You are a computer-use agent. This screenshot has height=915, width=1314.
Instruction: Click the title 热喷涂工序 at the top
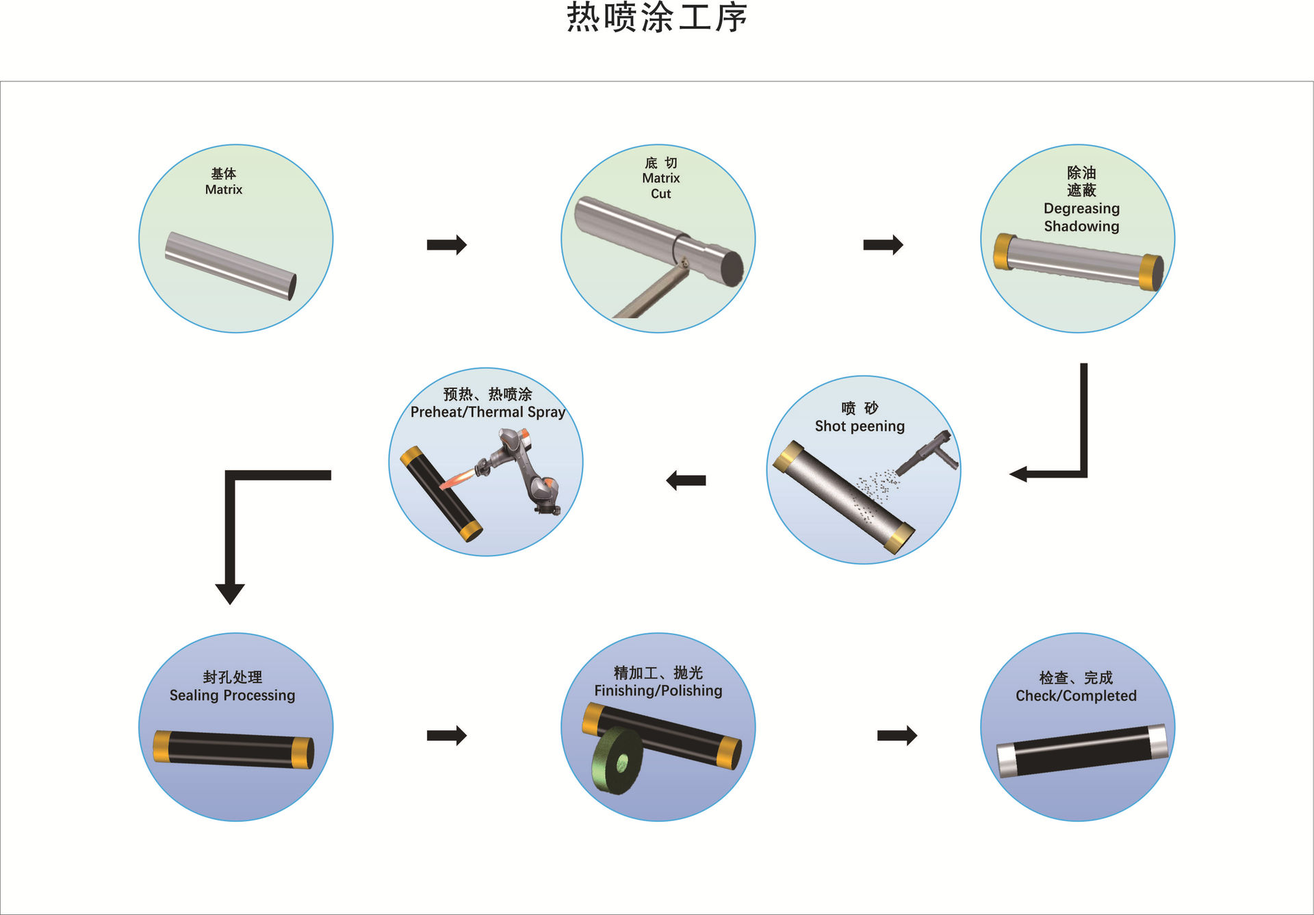point(656,18)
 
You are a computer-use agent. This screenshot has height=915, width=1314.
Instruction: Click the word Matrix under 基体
point(224,190)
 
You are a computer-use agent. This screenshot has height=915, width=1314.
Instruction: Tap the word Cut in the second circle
point(660,194)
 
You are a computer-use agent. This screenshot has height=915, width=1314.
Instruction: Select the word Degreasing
point(1081,208)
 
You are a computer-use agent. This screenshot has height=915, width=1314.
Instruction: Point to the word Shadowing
point(1081,226)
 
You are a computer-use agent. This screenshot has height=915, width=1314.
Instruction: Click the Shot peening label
point(860,426)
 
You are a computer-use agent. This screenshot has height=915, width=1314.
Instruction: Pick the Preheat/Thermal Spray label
point(487,412)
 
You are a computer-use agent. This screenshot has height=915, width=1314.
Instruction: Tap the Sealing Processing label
point(232,695)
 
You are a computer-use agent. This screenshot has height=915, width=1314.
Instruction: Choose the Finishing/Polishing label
point(658,691)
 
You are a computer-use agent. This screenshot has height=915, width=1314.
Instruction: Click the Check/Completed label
point(1076,696)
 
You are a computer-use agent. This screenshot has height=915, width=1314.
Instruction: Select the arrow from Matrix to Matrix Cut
point(446,244)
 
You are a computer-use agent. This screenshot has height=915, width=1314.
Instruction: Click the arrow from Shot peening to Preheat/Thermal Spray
point(686,480)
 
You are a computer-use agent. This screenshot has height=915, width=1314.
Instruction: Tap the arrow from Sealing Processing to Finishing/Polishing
point(446,736)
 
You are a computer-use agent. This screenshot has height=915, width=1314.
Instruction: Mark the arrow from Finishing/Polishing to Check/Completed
point(897,736)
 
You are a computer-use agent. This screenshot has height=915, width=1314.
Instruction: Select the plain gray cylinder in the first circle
point(231,266)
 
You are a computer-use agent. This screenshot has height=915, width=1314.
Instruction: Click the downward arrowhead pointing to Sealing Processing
point(230,593)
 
